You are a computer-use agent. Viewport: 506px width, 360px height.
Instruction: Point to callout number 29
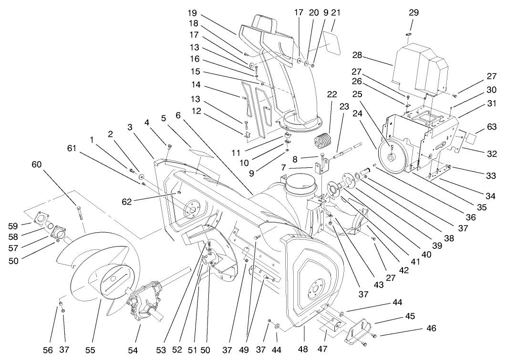pos(413,13)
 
